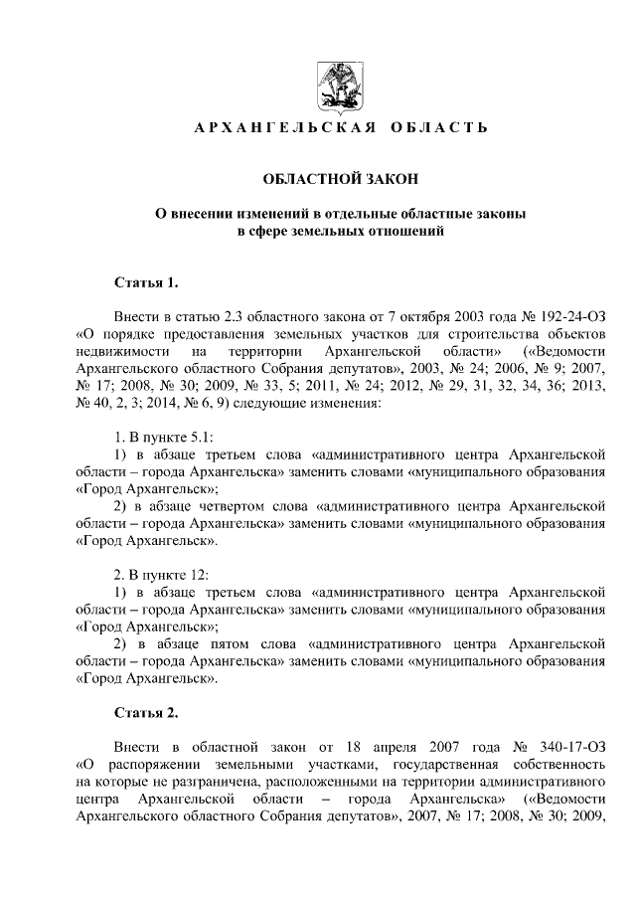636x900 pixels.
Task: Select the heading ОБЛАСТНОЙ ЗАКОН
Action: (341, 179)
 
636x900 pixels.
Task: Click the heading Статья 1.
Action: (146, 281)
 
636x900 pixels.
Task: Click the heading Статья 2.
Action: (146, 713)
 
